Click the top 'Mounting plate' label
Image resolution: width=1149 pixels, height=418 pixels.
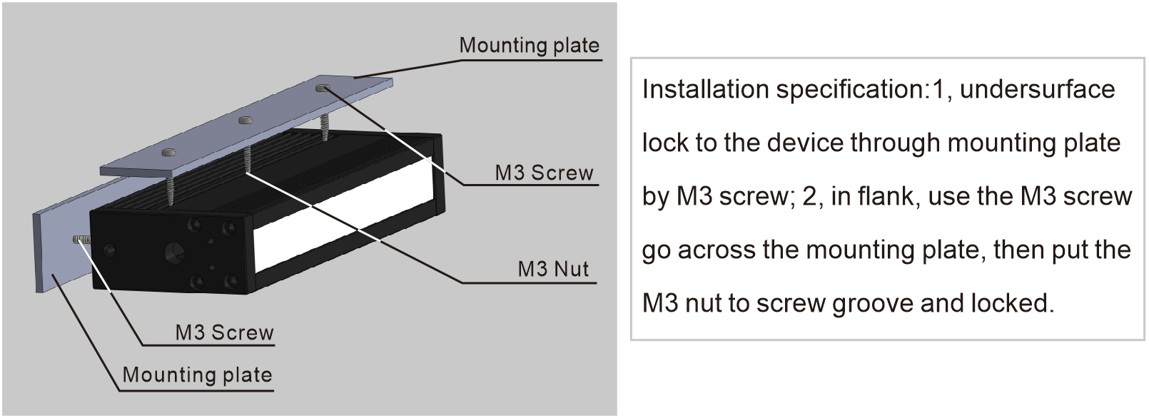(x=529, y=46)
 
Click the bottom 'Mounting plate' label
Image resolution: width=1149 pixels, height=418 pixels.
(x=197, y=375)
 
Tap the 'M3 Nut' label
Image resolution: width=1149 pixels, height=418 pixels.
(x=553, y=270)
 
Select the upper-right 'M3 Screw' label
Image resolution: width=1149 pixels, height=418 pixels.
(x=544, y=173)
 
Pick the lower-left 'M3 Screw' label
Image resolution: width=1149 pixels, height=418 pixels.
(x=224, y=332)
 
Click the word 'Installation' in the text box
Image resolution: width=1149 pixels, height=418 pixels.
(x=704, y=90)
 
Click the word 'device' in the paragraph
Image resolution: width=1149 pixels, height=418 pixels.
(x=807, y=143)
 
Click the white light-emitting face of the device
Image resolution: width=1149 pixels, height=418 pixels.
(x=343, y=221)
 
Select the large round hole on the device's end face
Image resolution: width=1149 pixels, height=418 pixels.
(x=174, y=252)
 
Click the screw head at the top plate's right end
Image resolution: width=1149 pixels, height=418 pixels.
(x=323, y=88)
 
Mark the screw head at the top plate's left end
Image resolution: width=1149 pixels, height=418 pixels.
(x=169, y=152)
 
